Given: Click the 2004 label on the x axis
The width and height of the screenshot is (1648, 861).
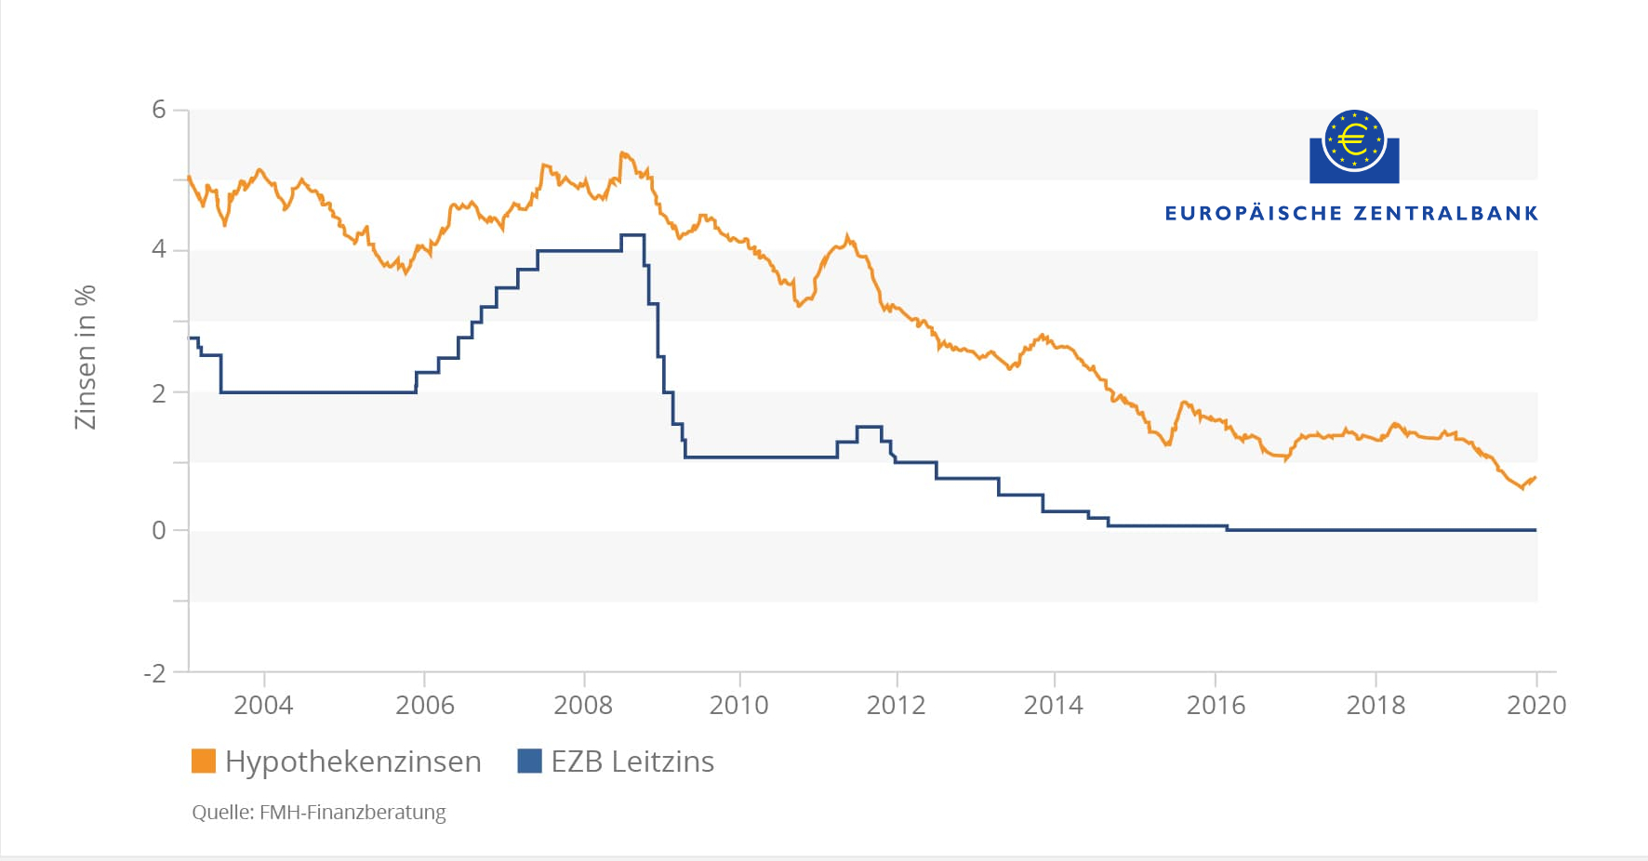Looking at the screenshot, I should [x=263, y=705].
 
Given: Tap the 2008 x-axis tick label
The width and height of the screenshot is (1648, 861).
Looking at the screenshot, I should [x=583, y=705].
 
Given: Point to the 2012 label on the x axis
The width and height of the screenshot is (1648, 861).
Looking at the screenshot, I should [x=896, y=705].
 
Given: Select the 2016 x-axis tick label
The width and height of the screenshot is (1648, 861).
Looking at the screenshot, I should [x=1216, y=705].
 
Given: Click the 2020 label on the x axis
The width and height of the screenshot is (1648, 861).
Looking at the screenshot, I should [x=1535, y=705].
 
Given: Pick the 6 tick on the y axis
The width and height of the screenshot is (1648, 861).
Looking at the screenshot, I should [x=159, y=110].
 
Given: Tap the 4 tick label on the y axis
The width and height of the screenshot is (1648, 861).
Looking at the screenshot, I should [x=159, y=249].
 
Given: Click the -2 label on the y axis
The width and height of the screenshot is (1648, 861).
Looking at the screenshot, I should [x=154, y=672].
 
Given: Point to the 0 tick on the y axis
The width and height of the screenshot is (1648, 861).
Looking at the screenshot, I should [x=159, y=530].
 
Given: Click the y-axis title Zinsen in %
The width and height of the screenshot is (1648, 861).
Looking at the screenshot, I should [x=86, y=357].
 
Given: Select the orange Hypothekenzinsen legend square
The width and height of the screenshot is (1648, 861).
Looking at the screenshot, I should [x=204, y=761].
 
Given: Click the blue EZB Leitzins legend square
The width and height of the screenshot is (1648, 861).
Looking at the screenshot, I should [x=529, y=761].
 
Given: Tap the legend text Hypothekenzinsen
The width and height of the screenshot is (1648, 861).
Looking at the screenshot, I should [x=353, y=761].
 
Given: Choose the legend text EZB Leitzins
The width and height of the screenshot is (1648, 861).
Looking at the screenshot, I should [x=632, y=761].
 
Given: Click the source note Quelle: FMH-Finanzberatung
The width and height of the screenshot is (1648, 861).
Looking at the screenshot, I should [x=319, y=812].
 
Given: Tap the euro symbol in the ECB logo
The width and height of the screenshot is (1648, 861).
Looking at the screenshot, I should [x=1354, y=140].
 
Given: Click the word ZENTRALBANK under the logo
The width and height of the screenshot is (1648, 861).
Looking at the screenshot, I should [x=1446, y=214].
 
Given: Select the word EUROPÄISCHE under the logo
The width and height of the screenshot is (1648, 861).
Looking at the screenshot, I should [x=1254, y=214].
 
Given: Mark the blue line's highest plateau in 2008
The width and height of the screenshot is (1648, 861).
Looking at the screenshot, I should [x=632, y=235].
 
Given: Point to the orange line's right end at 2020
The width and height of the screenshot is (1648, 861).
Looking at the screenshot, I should [x=1534, y=478].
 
